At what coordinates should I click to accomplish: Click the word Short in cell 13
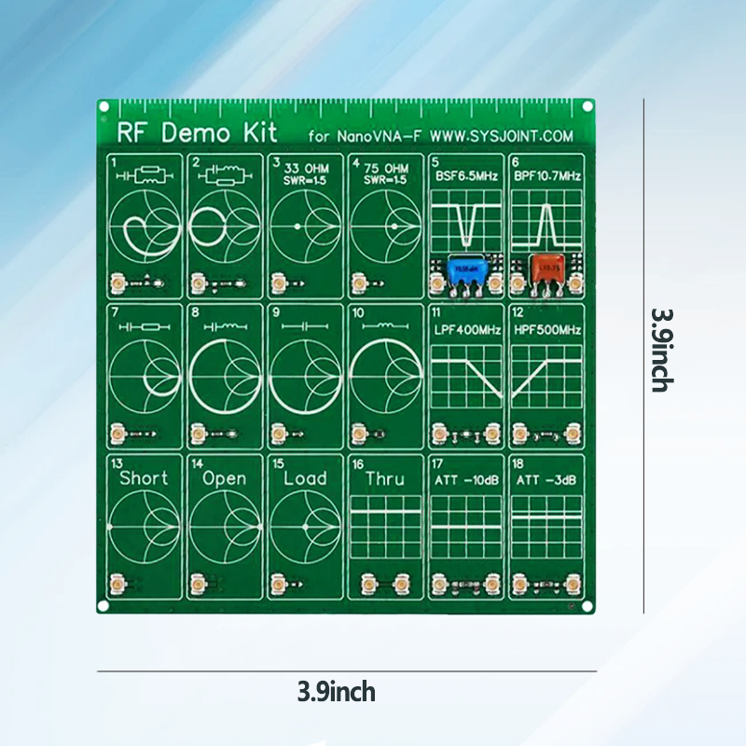(145, 478)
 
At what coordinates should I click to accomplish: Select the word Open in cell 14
(225, 478)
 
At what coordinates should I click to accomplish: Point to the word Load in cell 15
(305, 478)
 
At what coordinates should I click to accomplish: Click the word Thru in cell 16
(385, 478)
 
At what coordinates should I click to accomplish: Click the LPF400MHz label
(466, 330)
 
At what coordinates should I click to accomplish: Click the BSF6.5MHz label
(466, 175)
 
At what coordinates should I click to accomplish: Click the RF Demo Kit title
(174, 133)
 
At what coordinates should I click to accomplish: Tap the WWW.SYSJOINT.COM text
(501, 136)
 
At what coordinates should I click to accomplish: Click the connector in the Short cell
(118, 585)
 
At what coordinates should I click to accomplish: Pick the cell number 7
(114, 311)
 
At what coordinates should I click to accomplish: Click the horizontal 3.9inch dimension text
(337, 692)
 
